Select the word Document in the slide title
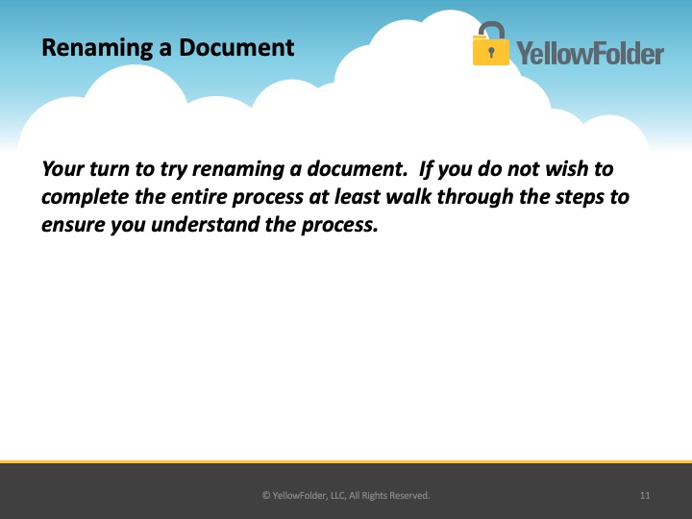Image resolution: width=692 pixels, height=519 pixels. pyautogui.click(x=236, y=47)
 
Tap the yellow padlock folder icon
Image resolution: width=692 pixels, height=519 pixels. pyautogui.click(x=490, y=43)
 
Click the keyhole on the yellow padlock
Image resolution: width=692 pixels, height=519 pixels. pyautogui.click(x=491, y=52)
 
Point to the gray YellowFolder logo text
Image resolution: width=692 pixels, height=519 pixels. pyautogui.click(x=590, y=53)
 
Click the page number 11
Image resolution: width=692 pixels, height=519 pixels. pyautogui.click(x=645, y=496)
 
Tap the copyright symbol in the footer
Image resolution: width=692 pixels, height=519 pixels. pyautogui.click(x=266, y=496)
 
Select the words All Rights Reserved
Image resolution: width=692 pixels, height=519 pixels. pyautogui.click(x=389, y=496)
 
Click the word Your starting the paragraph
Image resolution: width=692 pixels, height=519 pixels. pyautogui.click(x=63, y=169)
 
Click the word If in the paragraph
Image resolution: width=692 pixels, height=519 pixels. pyautogui.click(x=426, y=169)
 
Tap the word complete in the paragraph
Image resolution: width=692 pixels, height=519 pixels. pyautogui.click(x=86, y=197)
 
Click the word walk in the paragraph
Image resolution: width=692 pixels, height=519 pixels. pyautogui.click(x=408, y=196)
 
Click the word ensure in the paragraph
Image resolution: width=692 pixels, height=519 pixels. pyautogui.click(x=73, y=225)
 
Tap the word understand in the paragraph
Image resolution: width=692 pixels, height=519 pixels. pyautogui.click(x=205, y=224)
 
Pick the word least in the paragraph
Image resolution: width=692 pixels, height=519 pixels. pyautogui.click(x=357, y=196)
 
